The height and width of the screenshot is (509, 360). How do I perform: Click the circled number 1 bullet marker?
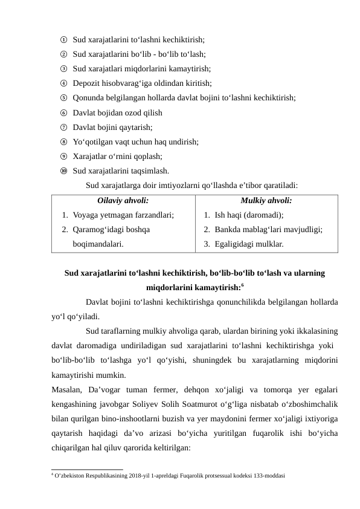tap(63, 40)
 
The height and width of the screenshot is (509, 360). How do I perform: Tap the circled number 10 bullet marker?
tap(63, 170)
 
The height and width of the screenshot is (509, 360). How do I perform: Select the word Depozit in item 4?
tap(86, 83)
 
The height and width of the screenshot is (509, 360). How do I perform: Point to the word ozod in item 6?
tap(132, 112)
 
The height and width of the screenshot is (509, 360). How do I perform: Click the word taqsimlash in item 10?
tap(149, 170)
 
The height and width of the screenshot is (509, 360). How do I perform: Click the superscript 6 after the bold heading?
tap(242, 284)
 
